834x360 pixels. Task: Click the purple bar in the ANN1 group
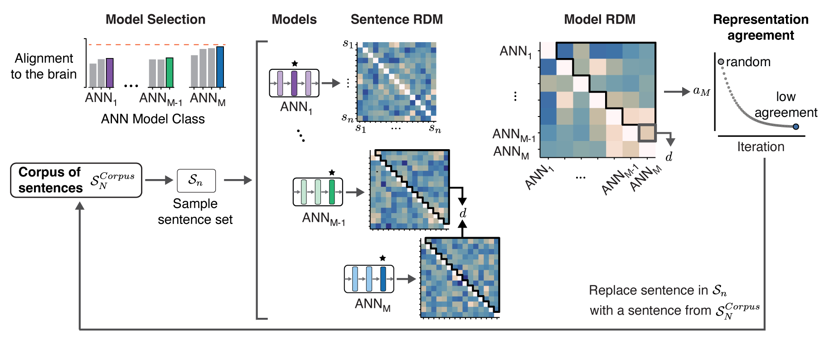(x=110, y=73)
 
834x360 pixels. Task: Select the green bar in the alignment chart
(x=170, y=73)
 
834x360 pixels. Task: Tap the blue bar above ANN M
(x=220, y=67)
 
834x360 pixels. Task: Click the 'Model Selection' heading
(x=155, y=19)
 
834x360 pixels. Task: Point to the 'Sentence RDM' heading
(x=397, y=19)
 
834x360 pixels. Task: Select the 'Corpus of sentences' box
(x=76, y=180)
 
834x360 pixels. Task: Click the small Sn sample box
(x=196, y=180)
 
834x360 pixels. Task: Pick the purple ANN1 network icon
(x=294, y=83)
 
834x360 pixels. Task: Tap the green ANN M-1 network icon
(x=318, y=192)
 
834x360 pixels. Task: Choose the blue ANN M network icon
(x=369, y=279)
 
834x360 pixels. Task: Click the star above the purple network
(x=295, y=63)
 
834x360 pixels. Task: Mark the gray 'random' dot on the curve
(x=721, y=62)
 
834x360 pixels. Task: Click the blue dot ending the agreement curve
(x=796, y=127)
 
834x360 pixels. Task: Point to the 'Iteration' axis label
(x=761, y=147)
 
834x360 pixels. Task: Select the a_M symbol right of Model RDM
(x=701, y=92)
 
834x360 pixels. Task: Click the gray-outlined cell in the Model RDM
(x=647, y=133)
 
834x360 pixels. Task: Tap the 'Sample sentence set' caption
(x=195, y=211)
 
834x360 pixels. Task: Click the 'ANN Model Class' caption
(x=153, y=119)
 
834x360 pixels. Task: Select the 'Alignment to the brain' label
(x=44, y=66)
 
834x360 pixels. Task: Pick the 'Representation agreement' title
(x=761, y=27)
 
